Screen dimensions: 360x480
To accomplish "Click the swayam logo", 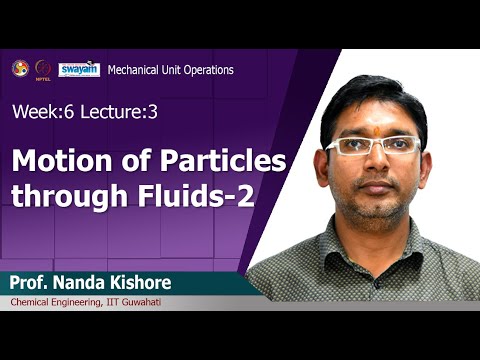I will click(x=79, y=68).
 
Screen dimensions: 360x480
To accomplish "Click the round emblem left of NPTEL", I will click(x=19, y=68).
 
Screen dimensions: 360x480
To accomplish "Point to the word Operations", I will click(x=205, y=70).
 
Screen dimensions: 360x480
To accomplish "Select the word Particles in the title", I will click(x=224, y=161).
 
